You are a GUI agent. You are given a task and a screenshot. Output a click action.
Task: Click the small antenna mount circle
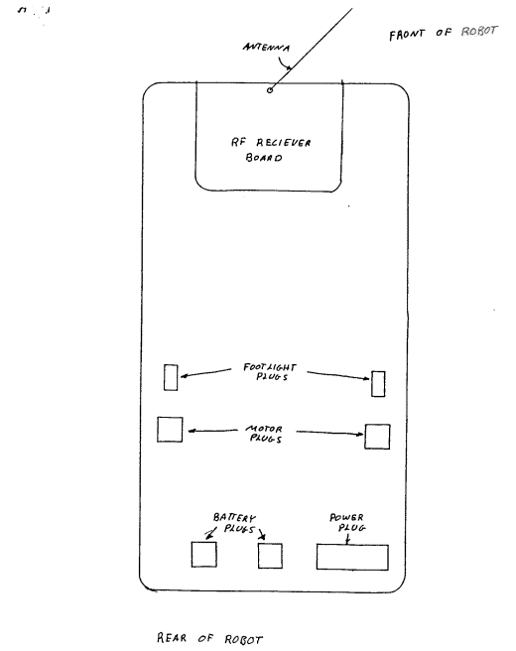(270, 90)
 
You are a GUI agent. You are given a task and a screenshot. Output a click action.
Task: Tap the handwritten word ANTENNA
(266, 47)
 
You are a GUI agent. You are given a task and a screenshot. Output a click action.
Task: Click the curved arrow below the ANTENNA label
(284, 64)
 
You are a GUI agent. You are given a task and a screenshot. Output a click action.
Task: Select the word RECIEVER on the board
(283, 143)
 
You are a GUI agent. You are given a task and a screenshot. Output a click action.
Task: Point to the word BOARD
(264, 158)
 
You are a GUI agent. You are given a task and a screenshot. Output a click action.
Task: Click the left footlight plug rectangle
(171, 377)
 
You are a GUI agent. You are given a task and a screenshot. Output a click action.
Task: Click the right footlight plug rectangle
(378, 384)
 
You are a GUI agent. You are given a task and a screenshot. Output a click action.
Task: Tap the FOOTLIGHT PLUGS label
(270, 372)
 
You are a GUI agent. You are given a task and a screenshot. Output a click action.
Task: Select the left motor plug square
(170, 430)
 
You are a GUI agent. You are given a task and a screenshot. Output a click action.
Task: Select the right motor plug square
(377, 437)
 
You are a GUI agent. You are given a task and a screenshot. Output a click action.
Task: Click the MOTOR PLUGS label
(265, 434)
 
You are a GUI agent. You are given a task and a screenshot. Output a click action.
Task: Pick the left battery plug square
(203, 555)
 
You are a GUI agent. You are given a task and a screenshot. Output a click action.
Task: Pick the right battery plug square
(270, 556)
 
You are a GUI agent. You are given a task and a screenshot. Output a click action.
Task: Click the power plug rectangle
(352, 557)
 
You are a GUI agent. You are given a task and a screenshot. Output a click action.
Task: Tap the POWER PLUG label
(348, 523)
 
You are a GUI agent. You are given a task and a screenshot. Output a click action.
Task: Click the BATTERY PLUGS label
(235, 523)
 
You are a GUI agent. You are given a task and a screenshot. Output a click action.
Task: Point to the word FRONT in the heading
(407, 35)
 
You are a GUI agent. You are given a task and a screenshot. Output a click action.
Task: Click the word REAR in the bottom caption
(172, 638)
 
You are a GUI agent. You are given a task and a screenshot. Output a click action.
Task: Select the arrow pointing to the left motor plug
(213, 431)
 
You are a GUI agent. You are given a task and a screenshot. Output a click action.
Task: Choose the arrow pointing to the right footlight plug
(338, 375)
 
